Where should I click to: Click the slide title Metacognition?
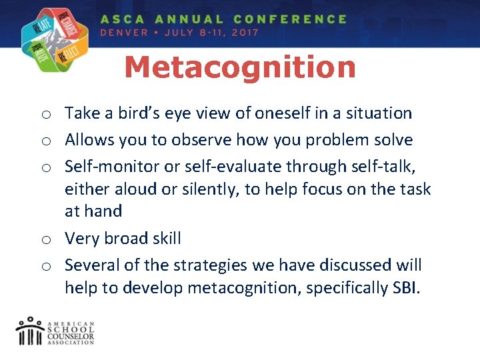[x=240, y=68]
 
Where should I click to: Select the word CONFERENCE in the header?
[x=290, y=19]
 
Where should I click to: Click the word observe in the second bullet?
[x=199, y=140]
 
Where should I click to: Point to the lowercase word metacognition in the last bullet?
[x=251, y=287]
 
